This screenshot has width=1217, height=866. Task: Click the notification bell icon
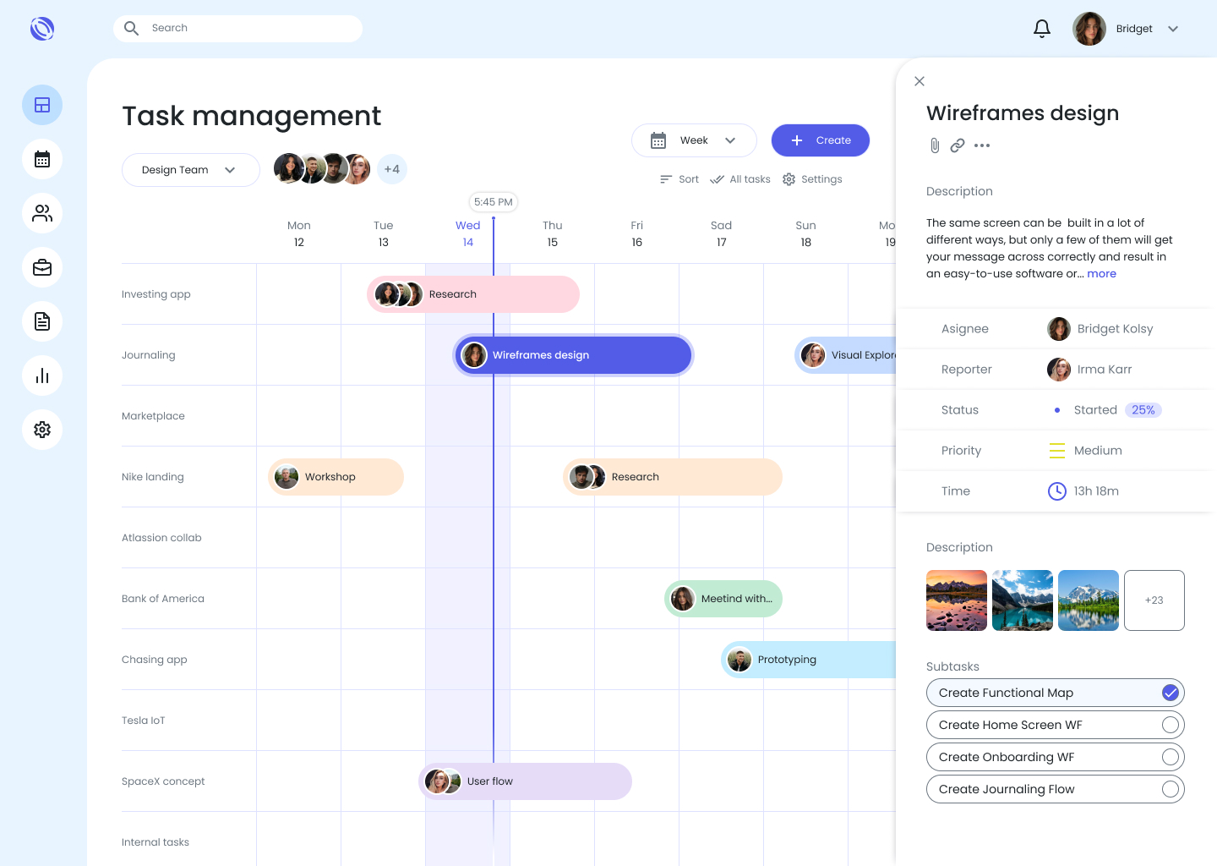1041,28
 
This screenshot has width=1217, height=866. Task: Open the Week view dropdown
694,140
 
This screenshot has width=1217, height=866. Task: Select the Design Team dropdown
191,170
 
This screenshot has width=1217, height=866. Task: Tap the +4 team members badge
392,169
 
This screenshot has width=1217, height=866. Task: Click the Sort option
679,178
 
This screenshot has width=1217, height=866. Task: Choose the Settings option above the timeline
812,178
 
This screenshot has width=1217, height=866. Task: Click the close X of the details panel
920,81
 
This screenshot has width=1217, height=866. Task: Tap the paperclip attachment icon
935,145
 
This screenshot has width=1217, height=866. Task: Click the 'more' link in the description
1101,273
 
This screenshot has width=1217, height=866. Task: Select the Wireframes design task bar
573,355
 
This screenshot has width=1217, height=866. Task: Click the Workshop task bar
336,477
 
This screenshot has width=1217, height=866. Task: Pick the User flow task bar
526,781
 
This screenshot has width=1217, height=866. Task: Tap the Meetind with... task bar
723,599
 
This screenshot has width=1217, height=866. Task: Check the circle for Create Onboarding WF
1171,757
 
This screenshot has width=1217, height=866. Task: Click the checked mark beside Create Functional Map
1171,693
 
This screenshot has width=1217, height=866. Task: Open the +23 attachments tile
1154,600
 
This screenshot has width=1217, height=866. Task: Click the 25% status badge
1143,410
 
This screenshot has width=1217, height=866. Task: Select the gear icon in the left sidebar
42,430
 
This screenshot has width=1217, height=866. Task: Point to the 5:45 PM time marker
494,201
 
